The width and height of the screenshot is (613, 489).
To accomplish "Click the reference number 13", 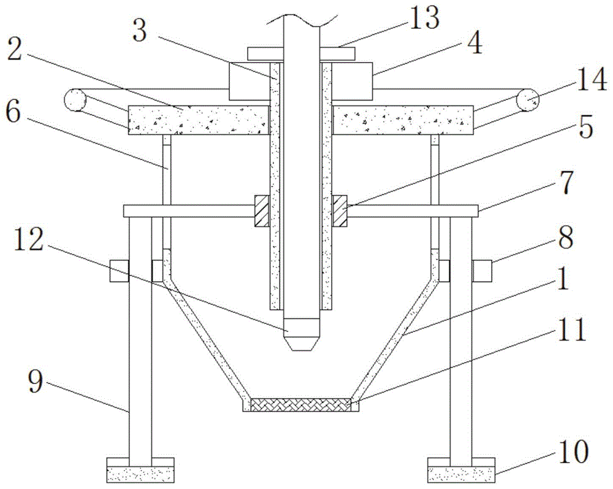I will click(423, 20).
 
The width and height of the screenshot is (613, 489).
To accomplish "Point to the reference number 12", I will click(29, 242).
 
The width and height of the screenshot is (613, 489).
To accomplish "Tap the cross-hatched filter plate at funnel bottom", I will click(300, 404).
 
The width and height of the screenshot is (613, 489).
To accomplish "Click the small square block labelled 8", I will click(482, 271).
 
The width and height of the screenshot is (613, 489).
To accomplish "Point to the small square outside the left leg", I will click(118, 271).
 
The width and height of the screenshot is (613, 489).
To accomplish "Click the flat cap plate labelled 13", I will click(301, 54).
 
